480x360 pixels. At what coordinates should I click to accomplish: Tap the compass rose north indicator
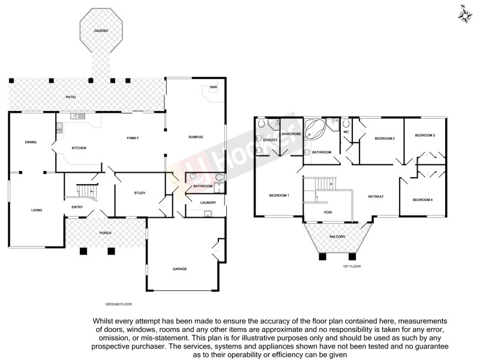[464, 14]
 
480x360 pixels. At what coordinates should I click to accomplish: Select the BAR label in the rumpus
[212, 88]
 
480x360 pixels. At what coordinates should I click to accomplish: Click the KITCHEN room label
[80, 148]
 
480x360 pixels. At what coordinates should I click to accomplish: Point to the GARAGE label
[181, 269]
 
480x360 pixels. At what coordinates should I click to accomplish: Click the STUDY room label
[140, 193]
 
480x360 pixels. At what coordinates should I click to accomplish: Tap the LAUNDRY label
[208, 203]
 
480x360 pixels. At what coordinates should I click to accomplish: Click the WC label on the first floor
[346, 131]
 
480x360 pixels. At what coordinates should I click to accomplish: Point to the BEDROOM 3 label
[425, 136]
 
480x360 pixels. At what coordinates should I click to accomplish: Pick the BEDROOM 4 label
[422, 199]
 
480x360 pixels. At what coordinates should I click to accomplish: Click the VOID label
[328, 212]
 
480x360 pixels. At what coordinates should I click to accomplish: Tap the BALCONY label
[337, 237]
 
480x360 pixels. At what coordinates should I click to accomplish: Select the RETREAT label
[376, 197]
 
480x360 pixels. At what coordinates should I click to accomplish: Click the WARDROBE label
[291, 134]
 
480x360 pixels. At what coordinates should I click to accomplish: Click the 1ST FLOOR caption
[352, 266]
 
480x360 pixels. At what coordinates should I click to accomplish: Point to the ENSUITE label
[269, 140]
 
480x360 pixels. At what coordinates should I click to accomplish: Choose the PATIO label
[71, 96]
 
